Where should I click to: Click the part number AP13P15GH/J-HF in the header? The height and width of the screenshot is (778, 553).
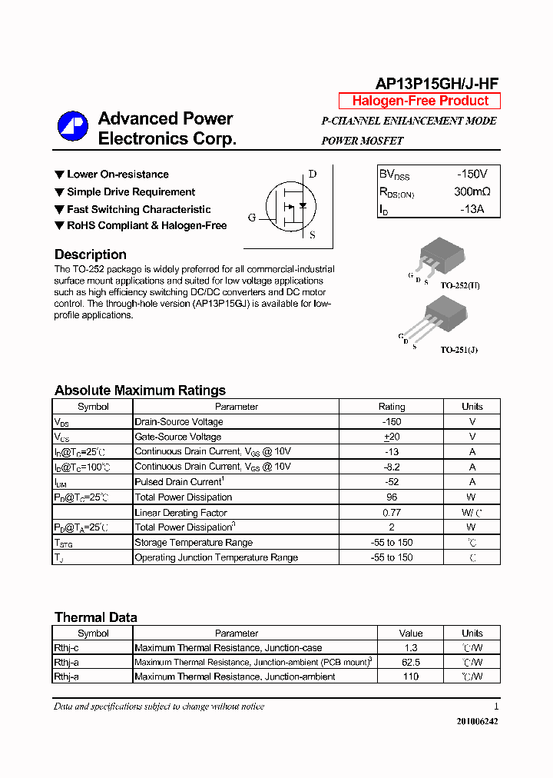437,84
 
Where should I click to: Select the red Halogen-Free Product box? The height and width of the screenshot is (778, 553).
419,101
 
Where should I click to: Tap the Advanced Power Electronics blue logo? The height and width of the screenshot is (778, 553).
73,128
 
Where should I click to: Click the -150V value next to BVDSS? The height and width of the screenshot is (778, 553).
472,175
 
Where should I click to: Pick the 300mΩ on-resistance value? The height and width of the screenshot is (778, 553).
472,191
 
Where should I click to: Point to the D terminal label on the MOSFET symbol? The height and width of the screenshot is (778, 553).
313,174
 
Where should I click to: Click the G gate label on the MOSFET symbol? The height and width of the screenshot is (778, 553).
252,218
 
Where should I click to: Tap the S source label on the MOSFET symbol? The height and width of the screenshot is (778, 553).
313,235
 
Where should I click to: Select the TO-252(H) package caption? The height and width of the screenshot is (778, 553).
459,285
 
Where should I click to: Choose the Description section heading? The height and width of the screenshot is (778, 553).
91,254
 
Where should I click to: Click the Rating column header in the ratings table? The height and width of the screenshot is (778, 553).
392,407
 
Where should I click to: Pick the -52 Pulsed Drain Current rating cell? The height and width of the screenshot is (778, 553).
392,482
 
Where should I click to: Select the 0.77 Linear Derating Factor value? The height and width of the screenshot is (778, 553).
392,513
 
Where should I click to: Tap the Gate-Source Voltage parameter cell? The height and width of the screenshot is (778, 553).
178,437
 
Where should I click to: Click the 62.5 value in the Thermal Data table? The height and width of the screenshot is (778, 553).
411,662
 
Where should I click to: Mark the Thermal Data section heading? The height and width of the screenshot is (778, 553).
96,617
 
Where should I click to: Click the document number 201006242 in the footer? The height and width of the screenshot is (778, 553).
477,722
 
